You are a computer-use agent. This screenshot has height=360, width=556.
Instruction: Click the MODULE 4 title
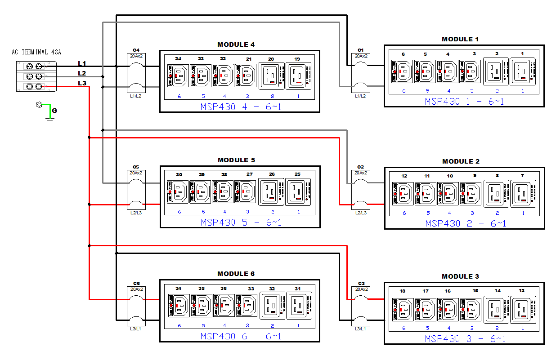(x=236, y=44)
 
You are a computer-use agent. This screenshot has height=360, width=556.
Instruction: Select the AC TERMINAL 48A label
(x=36, y=52)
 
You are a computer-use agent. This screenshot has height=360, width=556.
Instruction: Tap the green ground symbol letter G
(x=54, y=110)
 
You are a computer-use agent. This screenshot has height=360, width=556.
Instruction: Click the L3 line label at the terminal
(x=82, y=83)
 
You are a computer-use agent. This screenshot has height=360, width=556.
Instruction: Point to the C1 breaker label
(x=360, y=50)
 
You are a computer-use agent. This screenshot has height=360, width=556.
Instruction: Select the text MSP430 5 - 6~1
(x=241, y=222)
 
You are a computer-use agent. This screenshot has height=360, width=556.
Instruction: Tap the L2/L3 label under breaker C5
(x=136, y=213)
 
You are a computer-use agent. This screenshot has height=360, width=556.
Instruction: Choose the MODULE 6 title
(x=236, y=274)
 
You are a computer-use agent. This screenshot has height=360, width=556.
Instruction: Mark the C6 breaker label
(x=136, y=284)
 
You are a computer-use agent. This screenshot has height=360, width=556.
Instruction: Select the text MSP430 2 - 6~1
(x=465, y=223)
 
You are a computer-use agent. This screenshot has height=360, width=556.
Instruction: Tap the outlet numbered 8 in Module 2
(x=497, y=194)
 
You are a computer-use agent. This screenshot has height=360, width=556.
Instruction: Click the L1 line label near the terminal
(x=82, y=63)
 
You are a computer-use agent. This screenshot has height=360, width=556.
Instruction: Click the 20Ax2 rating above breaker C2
(x=361, y=173)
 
